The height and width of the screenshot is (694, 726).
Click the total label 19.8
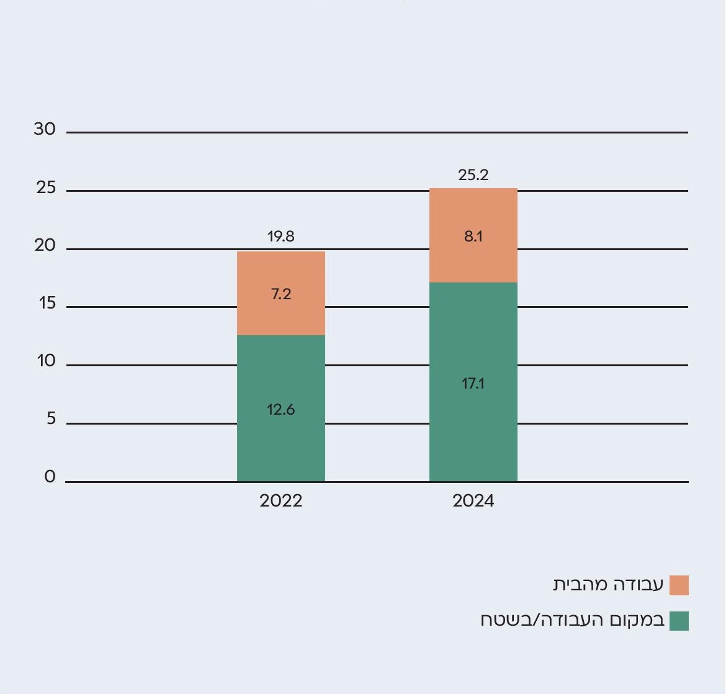pyautogui.click(x=280, y=237)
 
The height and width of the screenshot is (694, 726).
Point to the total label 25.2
pyautogui.click(x=473, y=175)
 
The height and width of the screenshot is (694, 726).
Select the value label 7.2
pyautogui.click(x=280, y=294)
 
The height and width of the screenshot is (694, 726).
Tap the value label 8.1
pyautogui.click(x=473, y=237)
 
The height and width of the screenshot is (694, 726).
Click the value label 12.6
pyautogui.click(x=280, y=410)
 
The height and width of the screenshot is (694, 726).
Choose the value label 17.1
pyautogui.click(x=473, y=384)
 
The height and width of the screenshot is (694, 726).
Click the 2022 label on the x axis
pyautogui.click(x=280, y=501)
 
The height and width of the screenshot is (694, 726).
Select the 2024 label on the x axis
pyautogui.click(x=473, y=501)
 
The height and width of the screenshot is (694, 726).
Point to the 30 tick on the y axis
pyautogui.click(x=45, y=129)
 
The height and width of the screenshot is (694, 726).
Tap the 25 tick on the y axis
pyautogui.click(x=46, y=187)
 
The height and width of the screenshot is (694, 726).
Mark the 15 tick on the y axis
pyautogui.click(x=46, y=304)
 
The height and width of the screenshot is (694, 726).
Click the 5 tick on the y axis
pyautogui.click(x=51, y=419)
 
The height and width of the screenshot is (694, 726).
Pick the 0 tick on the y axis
pyautogui.click(x=50, y=477)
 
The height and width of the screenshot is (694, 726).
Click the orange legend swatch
pyautogui.click(x=679, y=585)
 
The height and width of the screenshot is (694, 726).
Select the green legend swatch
pyautogui.click(x=679, y=621)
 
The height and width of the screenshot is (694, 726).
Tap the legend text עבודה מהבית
pyautogui.click(x=608, y=585)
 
